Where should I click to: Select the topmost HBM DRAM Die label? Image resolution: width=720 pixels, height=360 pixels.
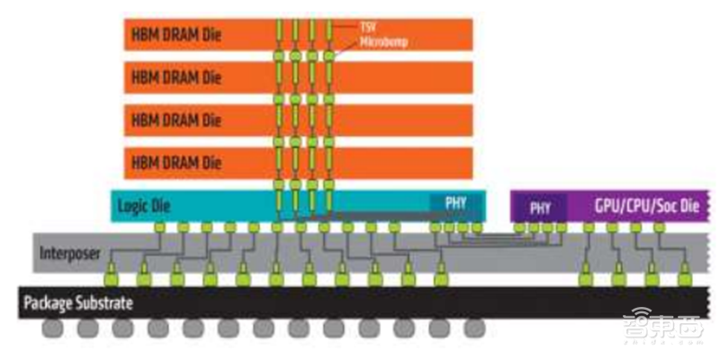tap(176, 36)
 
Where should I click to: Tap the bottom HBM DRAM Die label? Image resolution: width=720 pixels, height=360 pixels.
tap(176, 162)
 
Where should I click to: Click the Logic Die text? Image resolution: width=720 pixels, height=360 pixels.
tap(144, 206)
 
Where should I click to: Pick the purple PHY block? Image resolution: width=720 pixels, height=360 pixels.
tap(540, 207)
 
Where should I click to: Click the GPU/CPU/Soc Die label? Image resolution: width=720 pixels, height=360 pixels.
tap(646, 206)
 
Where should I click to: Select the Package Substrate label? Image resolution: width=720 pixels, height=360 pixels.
tap(80, 303)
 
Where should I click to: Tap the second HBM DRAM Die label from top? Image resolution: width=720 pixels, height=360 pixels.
tap(176, 77)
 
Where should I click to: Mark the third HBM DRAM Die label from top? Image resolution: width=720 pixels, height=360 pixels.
tap(176, 120)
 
